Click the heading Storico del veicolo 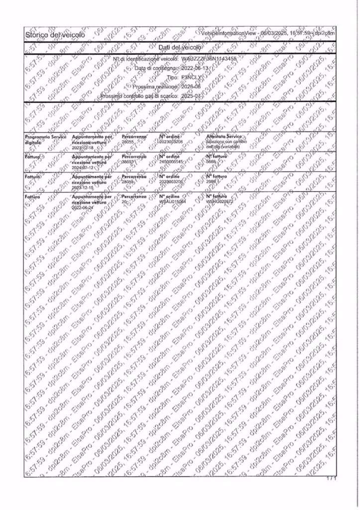tap(55, 34)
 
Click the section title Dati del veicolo tap(178, 47)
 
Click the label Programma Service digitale tap(44, 138)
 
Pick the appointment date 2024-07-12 tap(84, 168)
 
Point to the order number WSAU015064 tap(172, 202)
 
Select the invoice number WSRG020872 tap(221, 202)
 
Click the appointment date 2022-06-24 tap(84, 208)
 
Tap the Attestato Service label tap(224, 135)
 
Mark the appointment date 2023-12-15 tap(84, 188)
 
